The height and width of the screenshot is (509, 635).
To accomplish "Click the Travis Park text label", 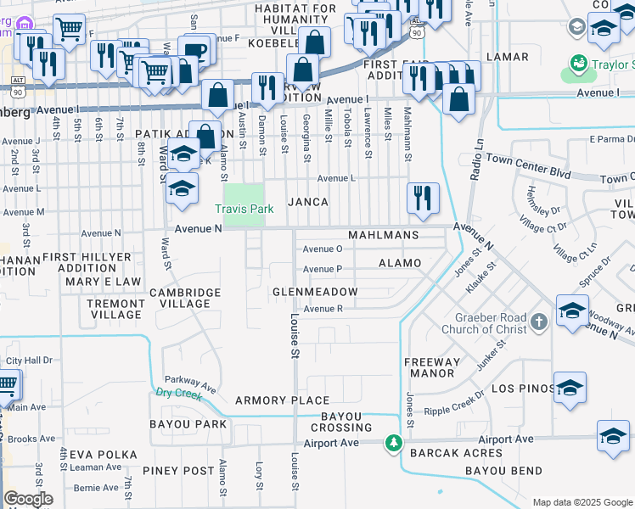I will tap(243, 209).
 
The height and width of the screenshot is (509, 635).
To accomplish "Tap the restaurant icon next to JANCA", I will tap(423, 199).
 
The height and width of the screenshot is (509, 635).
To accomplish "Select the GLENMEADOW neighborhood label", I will tap(314, 292).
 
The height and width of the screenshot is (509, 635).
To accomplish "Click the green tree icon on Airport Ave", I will tap(393, 443).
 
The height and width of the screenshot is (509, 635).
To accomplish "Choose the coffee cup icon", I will tap(194, 50).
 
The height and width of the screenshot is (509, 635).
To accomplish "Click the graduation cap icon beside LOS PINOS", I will tap(570, 387).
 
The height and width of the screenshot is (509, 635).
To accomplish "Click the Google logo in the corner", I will tap(28, 499).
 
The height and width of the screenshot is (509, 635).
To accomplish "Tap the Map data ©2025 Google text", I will tap(582, 502).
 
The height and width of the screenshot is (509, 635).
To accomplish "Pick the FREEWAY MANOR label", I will tap(433, 367).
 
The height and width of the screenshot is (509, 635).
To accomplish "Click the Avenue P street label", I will tap(323, 269).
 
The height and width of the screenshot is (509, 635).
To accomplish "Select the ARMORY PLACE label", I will tap(282, 400).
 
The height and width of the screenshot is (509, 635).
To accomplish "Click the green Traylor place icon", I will tap(579, 63).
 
